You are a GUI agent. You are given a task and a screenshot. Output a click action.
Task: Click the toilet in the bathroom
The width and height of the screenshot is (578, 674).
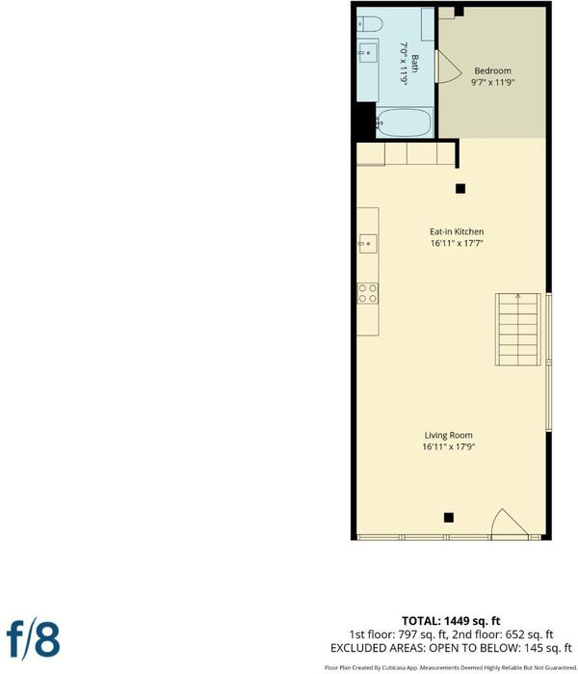[370, 24]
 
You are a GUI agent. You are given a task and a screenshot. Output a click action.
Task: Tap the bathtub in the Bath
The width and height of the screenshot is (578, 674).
[404, 122]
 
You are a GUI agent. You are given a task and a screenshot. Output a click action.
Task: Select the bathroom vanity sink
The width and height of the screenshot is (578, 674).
[367, 53]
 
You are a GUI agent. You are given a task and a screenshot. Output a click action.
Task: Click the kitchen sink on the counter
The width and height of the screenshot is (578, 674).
[368, 244]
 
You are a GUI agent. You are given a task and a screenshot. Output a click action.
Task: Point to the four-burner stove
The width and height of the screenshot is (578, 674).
[368, 293]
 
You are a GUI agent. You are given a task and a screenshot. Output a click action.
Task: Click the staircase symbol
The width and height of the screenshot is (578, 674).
[518, 330]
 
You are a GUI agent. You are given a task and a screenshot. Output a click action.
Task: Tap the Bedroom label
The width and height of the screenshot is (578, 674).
[492, 71]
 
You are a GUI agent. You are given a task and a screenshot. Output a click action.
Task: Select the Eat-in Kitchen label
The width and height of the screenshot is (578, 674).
[457, 231]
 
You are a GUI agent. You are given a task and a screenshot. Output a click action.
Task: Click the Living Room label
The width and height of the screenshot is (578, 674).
[448, 436]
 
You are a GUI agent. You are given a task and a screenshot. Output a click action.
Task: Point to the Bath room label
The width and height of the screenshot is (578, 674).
[415, 64]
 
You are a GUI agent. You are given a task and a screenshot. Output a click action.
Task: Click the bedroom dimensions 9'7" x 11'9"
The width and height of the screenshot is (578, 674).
[492, 82]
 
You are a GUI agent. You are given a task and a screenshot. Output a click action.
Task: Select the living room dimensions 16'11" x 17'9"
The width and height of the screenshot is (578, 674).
[448, 447]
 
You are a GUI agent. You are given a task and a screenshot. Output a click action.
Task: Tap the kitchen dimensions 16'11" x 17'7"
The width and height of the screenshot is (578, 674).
[457, 243]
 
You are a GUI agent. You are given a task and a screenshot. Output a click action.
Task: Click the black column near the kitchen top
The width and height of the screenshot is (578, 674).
[460, 188]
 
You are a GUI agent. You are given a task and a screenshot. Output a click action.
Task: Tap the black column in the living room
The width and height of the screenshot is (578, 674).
[449, 518]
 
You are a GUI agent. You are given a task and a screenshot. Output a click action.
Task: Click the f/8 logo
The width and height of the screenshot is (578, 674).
[33, 638]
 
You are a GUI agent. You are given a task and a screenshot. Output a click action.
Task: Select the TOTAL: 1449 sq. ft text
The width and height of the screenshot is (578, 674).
[451, 621]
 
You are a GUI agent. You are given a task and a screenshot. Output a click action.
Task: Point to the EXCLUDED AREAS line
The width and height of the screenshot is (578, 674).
[451, 648]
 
